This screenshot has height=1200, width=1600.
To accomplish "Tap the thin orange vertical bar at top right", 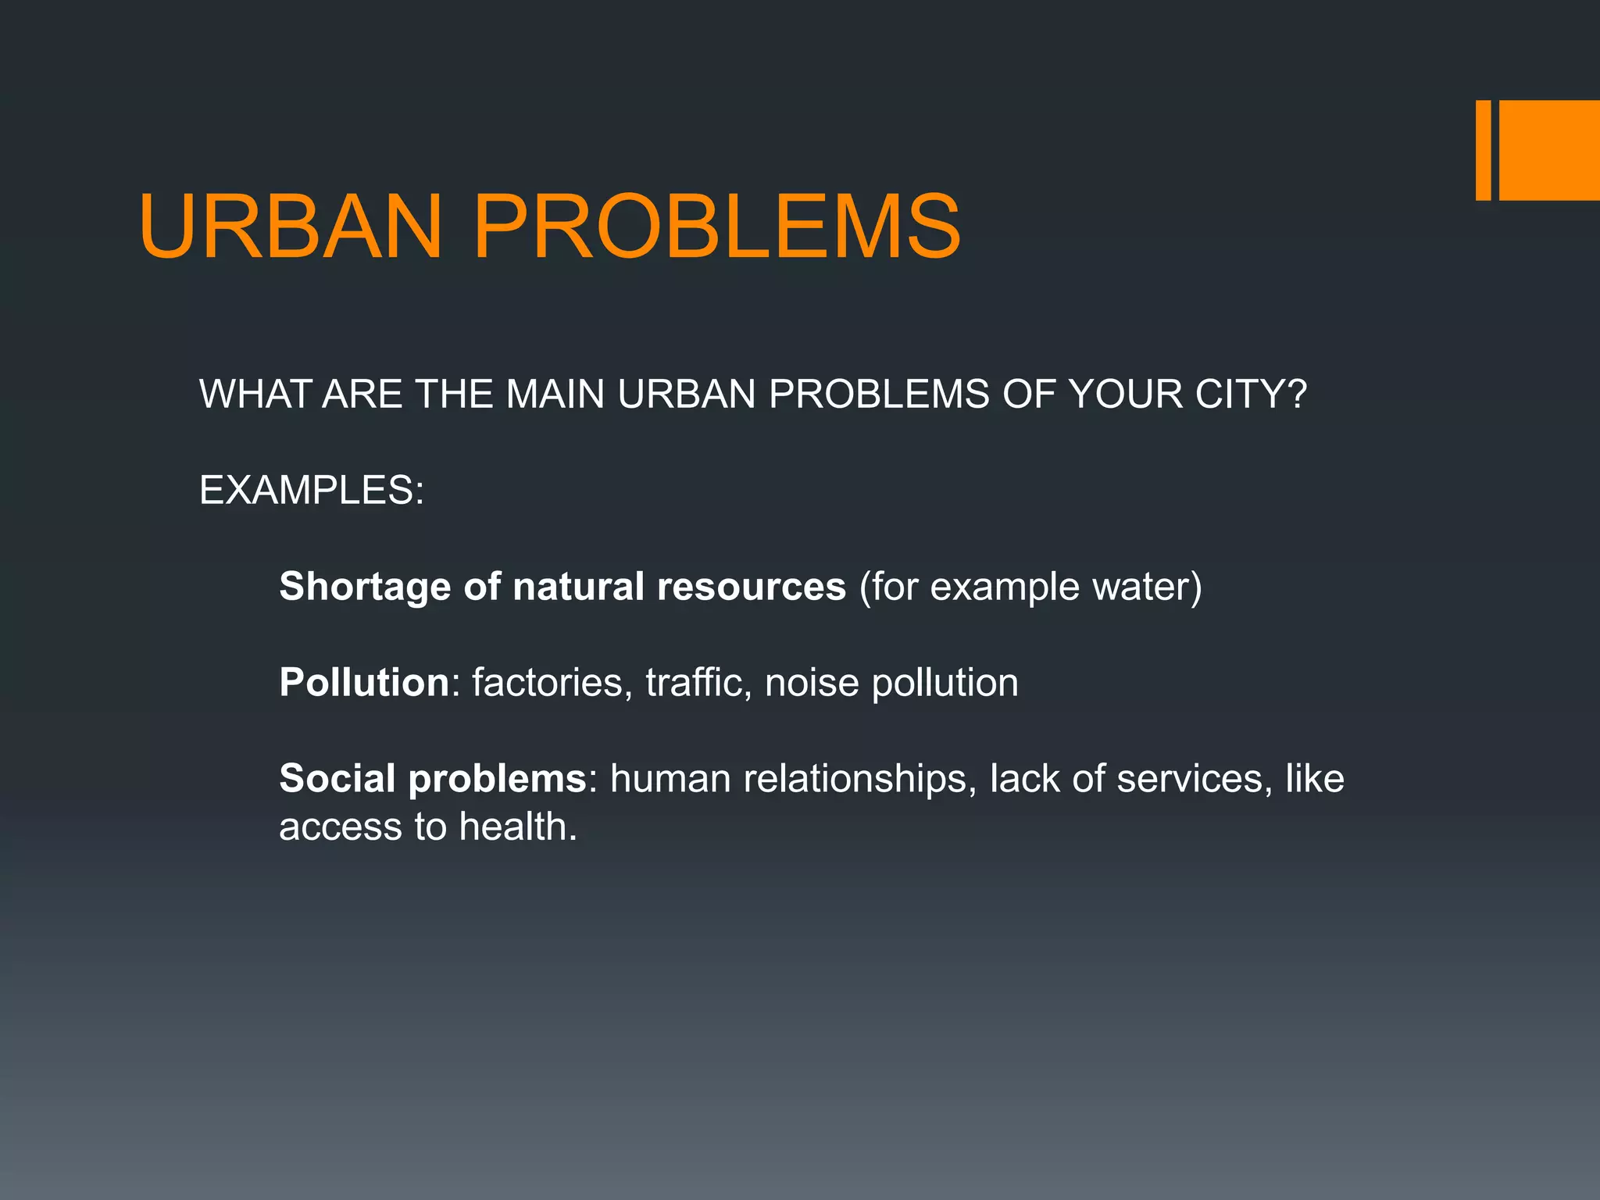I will (x=1483, y=150).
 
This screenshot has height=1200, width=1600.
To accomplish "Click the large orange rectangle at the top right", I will (x=1549, y=150).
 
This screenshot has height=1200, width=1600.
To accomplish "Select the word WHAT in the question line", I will (x=254, y=394).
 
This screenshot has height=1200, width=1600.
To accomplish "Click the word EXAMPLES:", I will (x=312, y=491).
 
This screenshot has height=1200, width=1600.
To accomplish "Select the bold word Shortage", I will (x=365, y=587).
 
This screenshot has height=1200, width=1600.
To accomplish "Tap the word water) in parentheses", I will (x=1147, y=587).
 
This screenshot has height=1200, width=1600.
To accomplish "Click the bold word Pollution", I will (x=364, y=683).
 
